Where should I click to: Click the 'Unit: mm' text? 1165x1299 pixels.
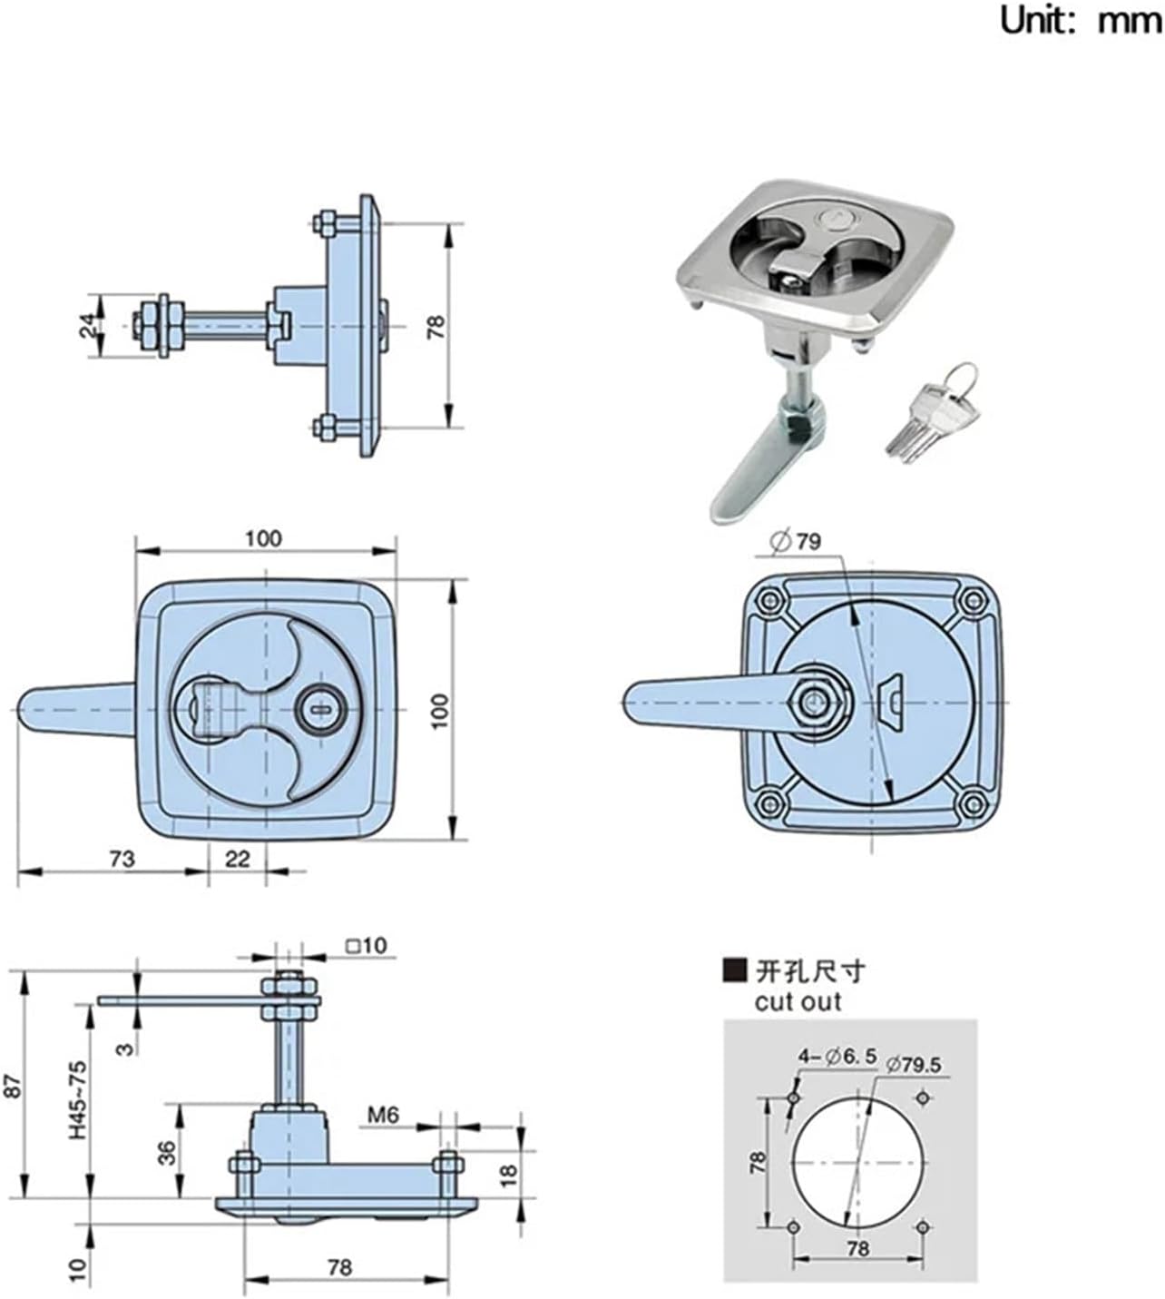point(1080,20)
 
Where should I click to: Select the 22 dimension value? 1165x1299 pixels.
point(237,858)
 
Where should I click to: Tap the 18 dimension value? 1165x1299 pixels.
point(508,1174)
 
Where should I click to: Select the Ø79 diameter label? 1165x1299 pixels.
point(796,542)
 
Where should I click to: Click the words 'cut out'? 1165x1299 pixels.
point(798,1002)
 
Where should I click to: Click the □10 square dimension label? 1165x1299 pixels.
point(366,946)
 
